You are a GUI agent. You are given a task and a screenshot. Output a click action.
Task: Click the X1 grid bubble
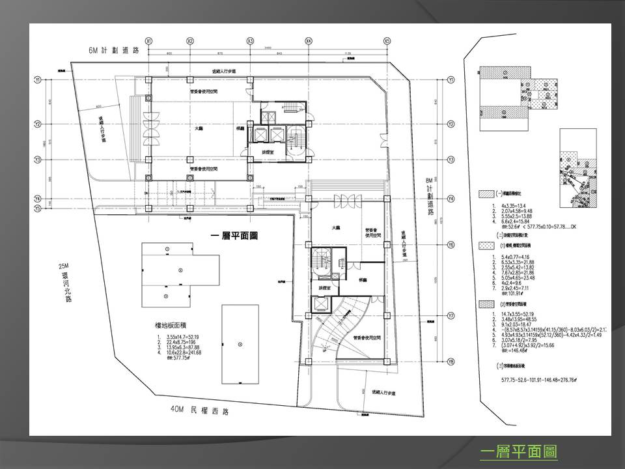pos(149,40)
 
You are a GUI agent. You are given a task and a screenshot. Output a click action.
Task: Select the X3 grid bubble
pos(251,40)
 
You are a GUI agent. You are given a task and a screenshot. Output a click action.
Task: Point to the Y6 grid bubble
pos(451,246)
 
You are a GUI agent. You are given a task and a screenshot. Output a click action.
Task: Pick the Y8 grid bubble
pos(451,363)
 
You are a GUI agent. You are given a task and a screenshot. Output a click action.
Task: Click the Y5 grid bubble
pos(38,208)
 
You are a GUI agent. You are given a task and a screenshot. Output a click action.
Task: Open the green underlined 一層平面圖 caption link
pos(518,451)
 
